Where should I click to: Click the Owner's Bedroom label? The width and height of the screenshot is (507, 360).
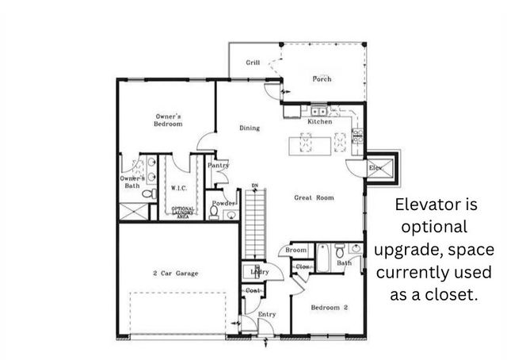point(168,121)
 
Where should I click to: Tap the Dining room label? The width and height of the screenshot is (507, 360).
point(250,128)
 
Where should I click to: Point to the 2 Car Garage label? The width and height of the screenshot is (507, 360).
point(175,274)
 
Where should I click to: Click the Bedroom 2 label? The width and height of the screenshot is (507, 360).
point(329,307)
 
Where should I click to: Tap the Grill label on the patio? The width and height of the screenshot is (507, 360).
point(253,63)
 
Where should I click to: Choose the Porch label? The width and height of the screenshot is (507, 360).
point(322,79)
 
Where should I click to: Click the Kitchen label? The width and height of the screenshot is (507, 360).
point(320,121)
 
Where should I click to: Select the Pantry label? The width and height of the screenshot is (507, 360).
point(218,165)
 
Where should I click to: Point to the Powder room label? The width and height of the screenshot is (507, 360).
point(223,204)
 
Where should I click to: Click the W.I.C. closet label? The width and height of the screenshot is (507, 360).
point(178,188)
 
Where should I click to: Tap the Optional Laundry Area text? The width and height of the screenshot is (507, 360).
point(183,212)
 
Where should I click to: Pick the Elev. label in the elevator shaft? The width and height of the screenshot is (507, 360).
point(376,167)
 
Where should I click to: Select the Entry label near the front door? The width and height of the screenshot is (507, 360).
point(267,315)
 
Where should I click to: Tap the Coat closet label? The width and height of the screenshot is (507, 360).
point(253,290)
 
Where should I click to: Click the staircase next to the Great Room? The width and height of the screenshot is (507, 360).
point(253,226)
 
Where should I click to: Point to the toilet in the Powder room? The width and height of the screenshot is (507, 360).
point(215,212)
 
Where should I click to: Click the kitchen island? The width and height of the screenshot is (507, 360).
point(322,143)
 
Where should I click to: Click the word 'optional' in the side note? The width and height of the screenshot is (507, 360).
point(435,227)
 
